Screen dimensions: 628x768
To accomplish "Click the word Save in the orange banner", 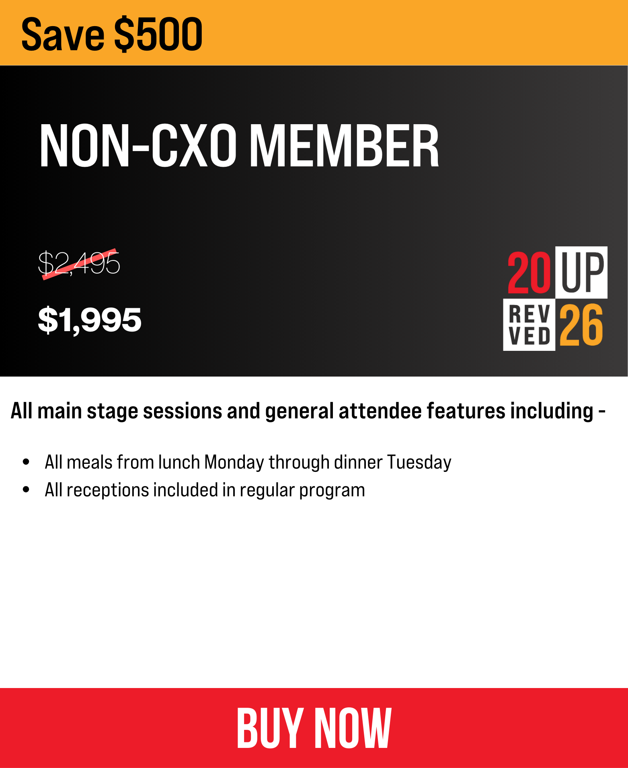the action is pyautogui.click(x=63, y=35).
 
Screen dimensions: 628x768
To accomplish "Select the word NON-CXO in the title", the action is pyautogui.click(x=138, y=145).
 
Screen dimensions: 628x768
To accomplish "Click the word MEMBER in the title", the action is pyautogui.click(x=345, y=145).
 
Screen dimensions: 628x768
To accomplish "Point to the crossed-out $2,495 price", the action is pyautogui.click(x=79, y=263).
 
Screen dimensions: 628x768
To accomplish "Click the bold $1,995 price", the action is pyautogui.click(x=90, y=320).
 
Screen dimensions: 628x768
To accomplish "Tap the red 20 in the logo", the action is pyautogui.click(x=529, y=272).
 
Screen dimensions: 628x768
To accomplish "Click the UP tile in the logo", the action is pyautogui.click(x=581, y=272).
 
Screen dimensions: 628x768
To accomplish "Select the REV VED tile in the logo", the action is pyautogui.click(x=529, y=325).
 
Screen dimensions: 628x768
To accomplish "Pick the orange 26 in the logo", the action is pyautogui.click(x=581, y=325).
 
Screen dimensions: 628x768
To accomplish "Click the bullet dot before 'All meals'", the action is pyautogui.click(x=27, y=462).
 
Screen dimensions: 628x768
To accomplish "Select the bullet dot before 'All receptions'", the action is pyautogui.click(x=27, y=489).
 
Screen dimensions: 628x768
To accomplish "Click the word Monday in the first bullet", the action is pyautogui.click(x=234, y=462).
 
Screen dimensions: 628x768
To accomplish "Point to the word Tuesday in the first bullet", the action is pyautogui.click(x=419, y=462).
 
